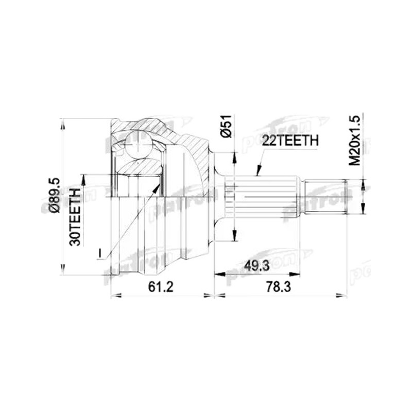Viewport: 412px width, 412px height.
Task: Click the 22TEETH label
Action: pyautogui.click(x=290, y=141)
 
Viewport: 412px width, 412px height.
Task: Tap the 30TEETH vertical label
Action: pyautogui.click(x=75, y=217)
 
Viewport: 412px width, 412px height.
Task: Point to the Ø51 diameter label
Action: pyautogui.click(x=226, y=126)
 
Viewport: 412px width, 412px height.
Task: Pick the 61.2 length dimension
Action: pyautogui.click(x=161, y=287)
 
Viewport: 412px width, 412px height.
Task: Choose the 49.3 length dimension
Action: pyautogui.click(x=256, y=266)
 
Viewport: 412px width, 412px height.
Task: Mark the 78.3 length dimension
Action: pyautogui.click(x=278, y=287)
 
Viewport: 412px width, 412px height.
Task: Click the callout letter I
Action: pyautogui.click(x=99, y=253)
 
